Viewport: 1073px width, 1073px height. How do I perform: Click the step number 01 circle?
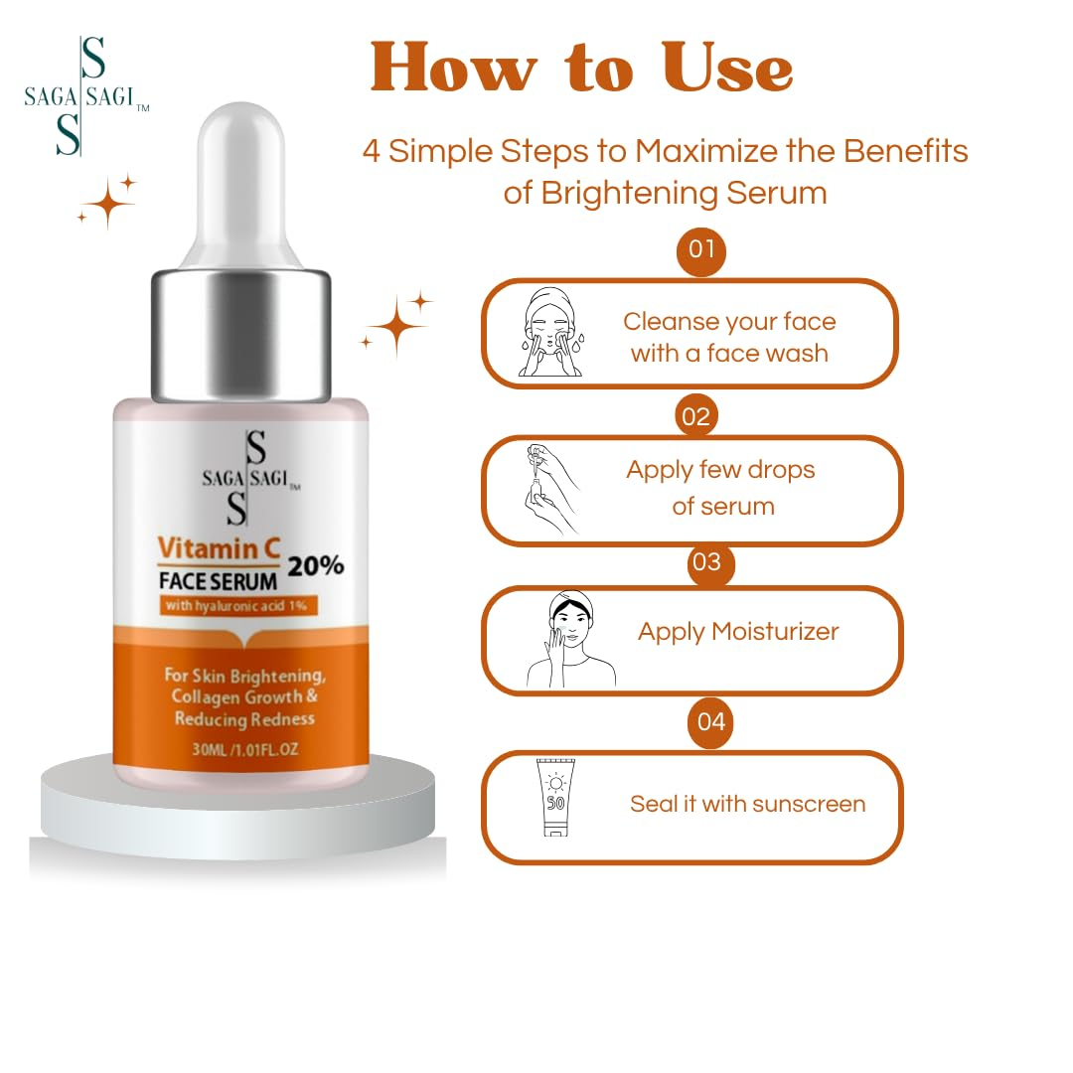pyautogui.click(x=700, y=250)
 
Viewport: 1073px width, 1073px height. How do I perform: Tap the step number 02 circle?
pyautogui.click(x=695, y=416)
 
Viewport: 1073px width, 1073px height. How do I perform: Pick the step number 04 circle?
pyautogui.click(x=710, y=722)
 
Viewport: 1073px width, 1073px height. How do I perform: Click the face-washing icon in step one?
pyautogui.click(x=550, y=333)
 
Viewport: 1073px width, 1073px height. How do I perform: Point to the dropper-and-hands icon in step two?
pyautogui.click(x=551, y=489)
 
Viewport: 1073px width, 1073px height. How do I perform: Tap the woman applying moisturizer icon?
pyautogui.click(x=570, y=639)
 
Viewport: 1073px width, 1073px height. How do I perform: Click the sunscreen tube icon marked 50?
pyautogui.click(x=555, y=797)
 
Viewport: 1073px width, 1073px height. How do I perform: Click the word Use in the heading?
pyautogui.click(x=727, y=68)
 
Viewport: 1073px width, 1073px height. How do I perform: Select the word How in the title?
pyautogui.click(x=454, y=68)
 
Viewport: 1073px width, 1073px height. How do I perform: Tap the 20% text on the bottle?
pyautogui.click(x=316, y=566)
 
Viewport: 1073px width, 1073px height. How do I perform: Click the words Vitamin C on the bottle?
pyautogui.click(x=219, y=548)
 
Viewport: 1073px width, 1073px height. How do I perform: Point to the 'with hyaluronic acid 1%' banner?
pyautogui.click(x=238, y=606)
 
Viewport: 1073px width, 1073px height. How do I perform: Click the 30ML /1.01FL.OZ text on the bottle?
pyautogui.click(x=245, y=749)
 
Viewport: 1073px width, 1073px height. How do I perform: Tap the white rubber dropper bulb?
pyautogui.click(x=240, y=185)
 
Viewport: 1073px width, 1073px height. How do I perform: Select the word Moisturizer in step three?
pyautogui.click(x=775, y=631)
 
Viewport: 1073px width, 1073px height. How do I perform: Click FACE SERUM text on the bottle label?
pyautogui.click(x=219, y=581)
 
